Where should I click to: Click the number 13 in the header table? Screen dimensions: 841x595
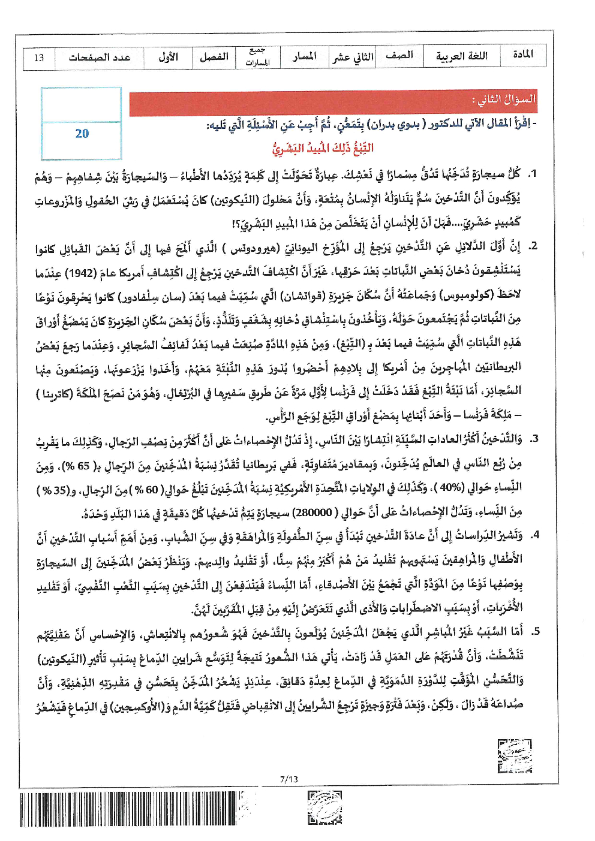pyautogui.click(x=39, y=58)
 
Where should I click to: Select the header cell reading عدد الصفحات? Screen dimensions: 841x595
pyautogui.click(x=100, y=58)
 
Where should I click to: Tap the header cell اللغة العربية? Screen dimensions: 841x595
pyautogui.click(x=461, y=56)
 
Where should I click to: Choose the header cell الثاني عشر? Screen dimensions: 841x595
pyautogui.click(x=353, y=57)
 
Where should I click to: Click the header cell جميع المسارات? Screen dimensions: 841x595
pyautogui.click(x=257, y=57)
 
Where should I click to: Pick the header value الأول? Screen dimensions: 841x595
pyautogui.click(x=168, y=57)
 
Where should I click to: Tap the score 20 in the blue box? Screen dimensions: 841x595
pyautogui.click(x=82, y=134)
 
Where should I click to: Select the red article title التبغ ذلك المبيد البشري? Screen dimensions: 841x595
pyautogui.click(x=323, y=148)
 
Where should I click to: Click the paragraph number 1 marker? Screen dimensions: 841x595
pyautogui.click(x=531, y=174)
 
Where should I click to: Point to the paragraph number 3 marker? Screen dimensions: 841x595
pyautogui.click(x=534, y=439)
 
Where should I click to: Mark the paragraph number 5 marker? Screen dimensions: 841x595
pyautogui.click(x=535, y=631)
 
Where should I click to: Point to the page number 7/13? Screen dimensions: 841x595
pyautogui.click(x=289, y=779)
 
